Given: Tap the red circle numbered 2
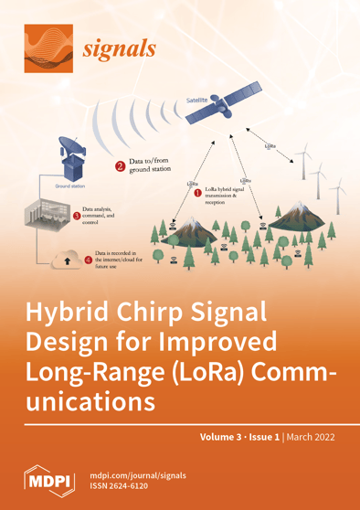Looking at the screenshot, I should (x=120, y=167).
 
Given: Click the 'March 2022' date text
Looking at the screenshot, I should (x=310, y=438).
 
